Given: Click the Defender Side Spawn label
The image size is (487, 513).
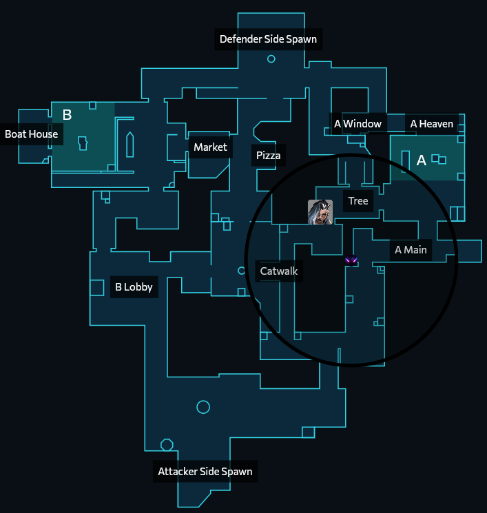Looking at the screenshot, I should point(268,39).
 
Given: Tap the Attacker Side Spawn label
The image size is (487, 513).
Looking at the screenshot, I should point(205,472).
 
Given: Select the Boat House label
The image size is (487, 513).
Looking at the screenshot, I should point(32,134).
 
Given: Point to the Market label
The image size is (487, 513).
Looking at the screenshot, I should point(210,147).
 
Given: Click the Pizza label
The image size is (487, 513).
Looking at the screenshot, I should point(268,156).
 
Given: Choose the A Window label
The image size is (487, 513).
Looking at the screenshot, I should point(358,124).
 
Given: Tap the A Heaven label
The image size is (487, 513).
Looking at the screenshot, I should point(432,124).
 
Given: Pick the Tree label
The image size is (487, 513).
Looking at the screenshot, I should point(358,201).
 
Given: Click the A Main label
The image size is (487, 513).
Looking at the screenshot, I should point(411,250).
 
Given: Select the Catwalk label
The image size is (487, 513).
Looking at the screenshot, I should point(279,271).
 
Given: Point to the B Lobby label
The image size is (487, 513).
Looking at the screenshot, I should point(134,287).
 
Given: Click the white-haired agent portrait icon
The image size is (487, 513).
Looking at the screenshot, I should point(320,212).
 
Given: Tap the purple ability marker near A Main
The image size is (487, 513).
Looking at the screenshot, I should point(351,261).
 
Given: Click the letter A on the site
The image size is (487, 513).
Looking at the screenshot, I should point(422,160).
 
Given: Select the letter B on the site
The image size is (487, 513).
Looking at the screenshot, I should point(67,115).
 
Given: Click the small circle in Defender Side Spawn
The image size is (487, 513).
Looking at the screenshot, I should point(271,59).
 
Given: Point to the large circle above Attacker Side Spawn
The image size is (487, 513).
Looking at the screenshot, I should point(203,407).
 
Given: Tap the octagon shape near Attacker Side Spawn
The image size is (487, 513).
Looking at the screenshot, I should point(167,445).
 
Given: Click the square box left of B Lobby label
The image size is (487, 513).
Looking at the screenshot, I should point(97,287).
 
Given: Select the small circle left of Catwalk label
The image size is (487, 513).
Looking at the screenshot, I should point(242,271).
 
